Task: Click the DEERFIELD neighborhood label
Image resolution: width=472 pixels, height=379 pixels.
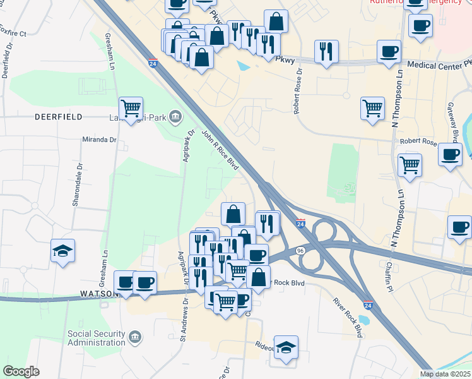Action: click(x=59, y=117)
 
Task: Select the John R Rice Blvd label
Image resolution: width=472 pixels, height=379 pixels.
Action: click(x=220, y=150)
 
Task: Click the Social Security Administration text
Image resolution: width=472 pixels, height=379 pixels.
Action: click(x=97, y=338)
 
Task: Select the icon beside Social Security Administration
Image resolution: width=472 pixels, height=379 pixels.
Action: click(x=135, y=338)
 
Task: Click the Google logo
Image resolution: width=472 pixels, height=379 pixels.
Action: click(x=21, y=371)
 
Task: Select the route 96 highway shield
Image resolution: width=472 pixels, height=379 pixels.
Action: click(x=301, y=251)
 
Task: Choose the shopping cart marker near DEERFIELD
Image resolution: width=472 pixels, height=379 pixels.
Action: click(x=131, y=109)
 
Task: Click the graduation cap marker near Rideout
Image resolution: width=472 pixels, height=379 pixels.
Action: click(x=286, y=347)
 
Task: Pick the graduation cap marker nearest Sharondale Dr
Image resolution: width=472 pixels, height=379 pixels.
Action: click(x=63, y=251)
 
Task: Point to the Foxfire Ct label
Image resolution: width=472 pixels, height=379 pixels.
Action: click(x=13, y=32)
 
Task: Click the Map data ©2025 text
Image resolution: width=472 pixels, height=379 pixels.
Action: click(x=445, y=374)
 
